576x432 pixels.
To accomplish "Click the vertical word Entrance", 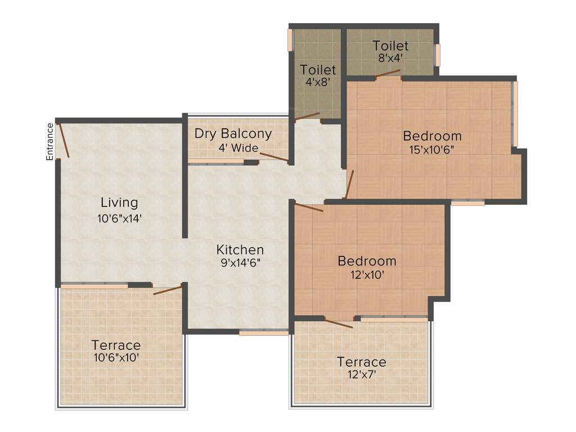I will coord(49,142).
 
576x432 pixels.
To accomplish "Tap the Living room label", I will coord(119,202).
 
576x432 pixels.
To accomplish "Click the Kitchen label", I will coord(240,250).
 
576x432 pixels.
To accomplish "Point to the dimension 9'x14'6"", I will coord(240,262).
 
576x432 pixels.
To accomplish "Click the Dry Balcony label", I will coord(233,134).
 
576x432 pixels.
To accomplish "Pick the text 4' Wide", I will coord(238,148).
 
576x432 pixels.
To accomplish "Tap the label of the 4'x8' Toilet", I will coord(318,70).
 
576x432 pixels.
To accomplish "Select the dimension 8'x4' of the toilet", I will coord(390,57).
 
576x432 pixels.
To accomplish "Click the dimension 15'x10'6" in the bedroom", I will coord(433,149).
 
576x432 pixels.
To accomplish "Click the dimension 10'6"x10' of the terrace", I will coord(116,357).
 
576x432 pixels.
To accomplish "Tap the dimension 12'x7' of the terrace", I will coord(361,373).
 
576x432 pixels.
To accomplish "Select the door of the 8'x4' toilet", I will coord(388,73).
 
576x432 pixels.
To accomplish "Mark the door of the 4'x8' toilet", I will coord(307,117).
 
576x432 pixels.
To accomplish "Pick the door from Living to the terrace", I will coord(168,290).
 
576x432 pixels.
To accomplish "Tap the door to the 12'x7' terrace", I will coord(338,323).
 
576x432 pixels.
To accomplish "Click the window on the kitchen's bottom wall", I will coord(264,333).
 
